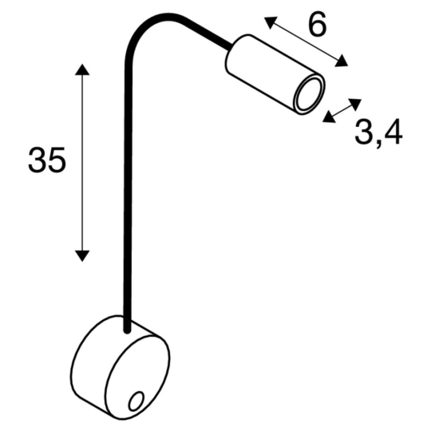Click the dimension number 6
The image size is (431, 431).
click(x=318, y=26)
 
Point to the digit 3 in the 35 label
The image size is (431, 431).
click(x=37, y=160)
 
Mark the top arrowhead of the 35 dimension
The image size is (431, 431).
click(x=81, y=70)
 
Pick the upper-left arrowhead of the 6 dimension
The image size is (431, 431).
click(x=269, y=21)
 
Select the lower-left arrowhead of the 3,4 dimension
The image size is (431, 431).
click(x=328, y=119)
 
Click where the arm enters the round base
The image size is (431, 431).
click(x=125, y=326)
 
